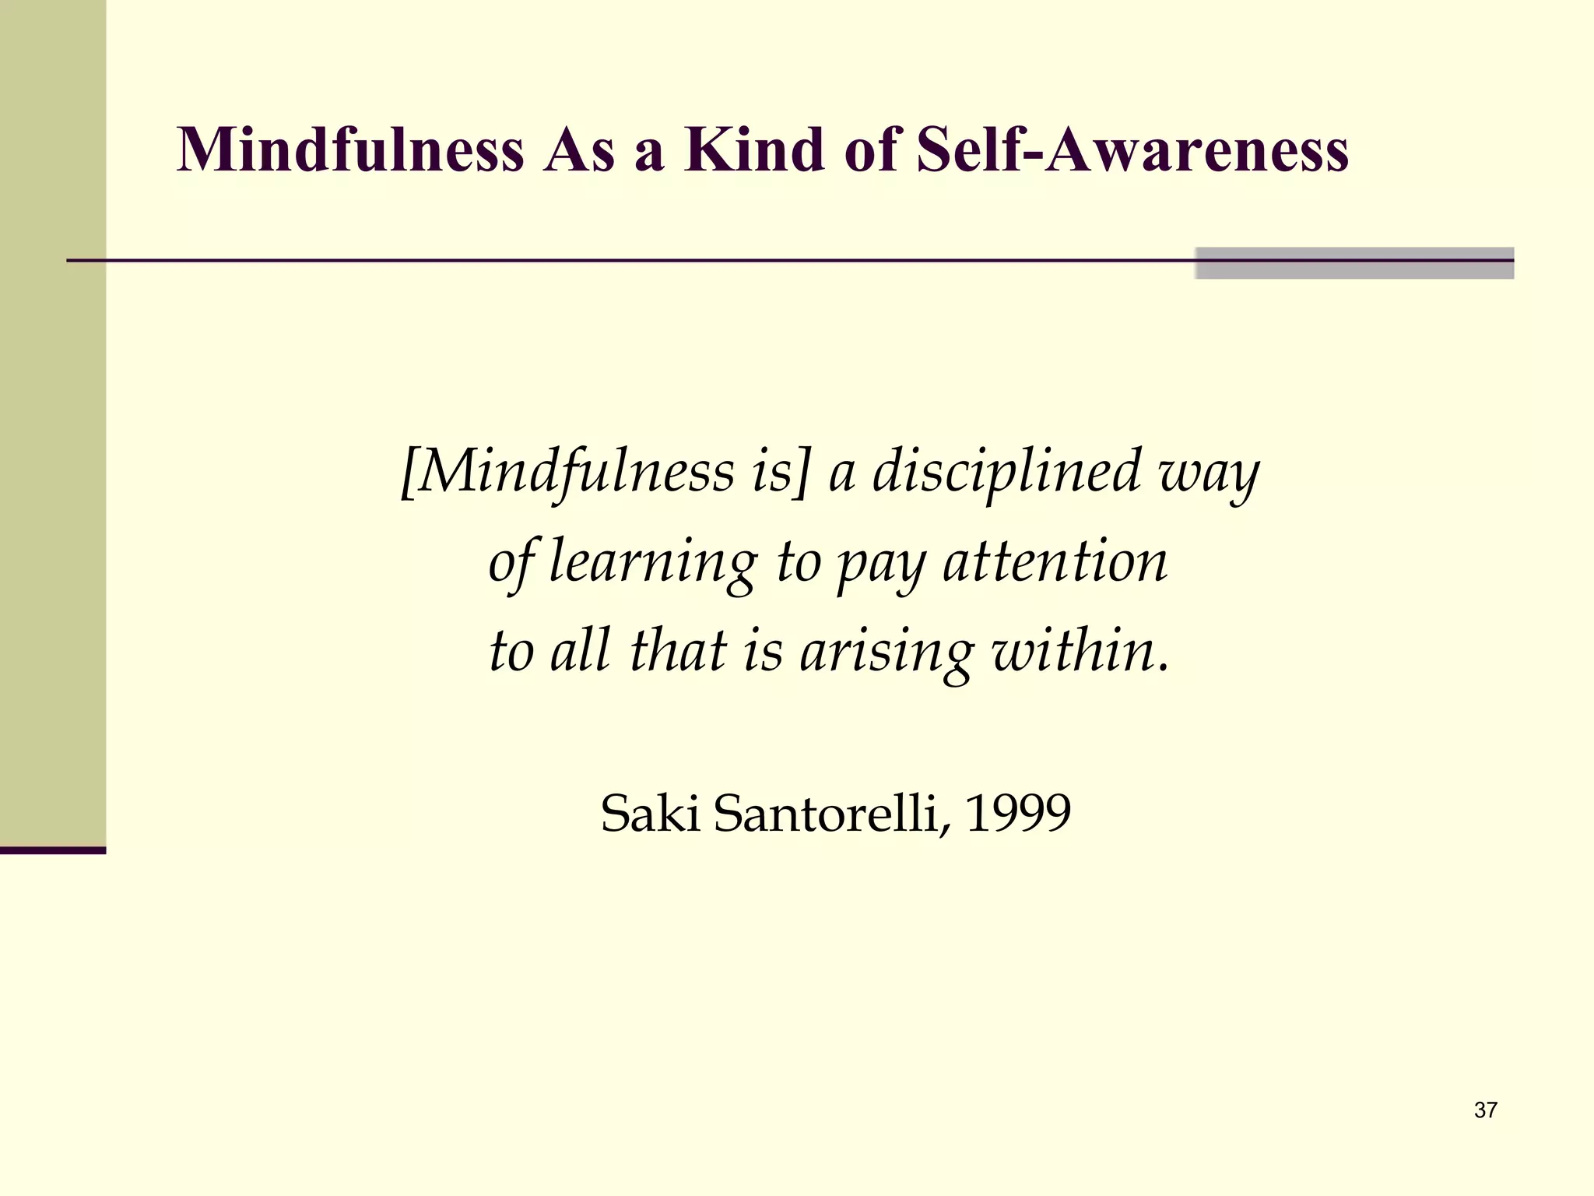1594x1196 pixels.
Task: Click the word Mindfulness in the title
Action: click(350, 149)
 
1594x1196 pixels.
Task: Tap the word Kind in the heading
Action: click(754, 149)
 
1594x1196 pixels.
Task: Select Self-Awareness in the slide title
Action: click(1132, 149)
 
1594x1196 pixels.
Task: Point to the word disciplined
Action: click(1006, 472)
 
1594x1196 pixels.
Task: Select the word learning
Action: click(652, 562)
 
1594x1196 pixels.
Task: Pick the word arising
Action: click(887, 653)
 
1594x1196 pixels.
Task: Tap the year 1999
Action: click(1018, 814)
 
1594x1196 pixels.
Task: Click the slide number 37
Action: click(1485, 1110)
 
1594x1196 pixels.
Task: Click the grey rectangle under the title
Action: click(1353, 263)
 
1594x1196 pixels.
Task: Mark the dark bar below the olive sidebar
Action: click(53, 850)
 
